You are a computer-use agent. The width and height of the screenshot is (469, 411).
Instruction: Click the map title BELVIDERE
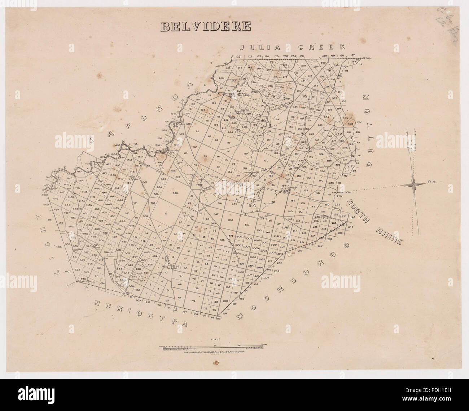coord(206,26)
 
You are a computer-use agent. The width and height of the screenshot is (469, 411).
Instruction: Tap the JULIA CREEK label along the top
coord(292,47)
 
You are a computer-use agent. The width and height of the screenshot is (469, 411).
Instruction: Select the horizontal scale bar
coord(216,348)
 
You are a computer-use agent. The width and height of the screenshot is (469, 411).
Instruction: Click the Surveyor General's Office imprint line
coord(216,353)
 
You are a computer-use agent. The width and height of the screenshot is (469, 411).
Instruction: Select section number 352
coord(247,224)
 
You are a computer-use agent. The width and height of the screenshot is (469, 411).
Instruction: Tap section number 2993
coord(240,272)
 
